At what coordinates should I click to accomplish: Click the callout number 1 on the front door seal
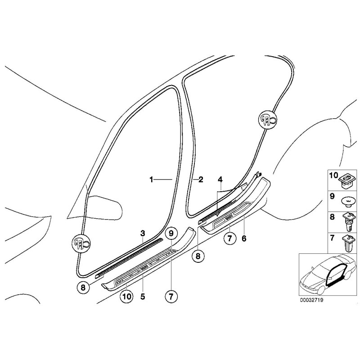(152, 179)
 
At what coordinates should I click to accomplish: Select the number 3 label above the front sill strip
(142, 233)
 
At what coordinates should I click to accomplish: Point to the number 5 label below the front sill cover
(143, 297)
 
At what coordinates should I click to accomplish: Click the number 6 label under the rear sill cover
(244, 239)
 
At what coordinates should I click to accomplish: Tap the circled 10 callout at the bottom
(126, 297)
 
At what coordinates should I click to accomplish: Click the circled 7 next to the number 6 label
(228, 238)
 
